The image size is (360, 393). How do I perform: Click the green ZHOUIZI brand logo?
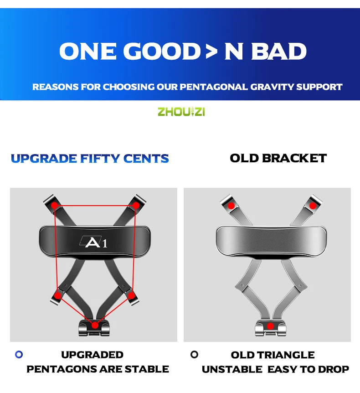click(x=181, y=112)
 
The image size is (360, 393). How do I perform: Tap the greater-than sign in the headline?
click(x=212, y=52)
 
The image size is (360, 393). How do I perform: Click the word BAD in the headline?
click(x=278, y=52)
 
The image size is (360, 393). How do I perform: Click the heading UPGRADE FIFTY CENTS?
click(x=90, y=158)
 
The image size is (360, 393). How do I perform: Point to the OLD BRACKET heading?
click(x=278, y=158)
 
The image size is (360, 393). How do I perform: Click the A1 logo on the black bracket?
click(x=94, y=242)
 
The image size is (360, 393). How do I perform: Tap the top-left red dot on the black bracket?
click(x=54, y=206)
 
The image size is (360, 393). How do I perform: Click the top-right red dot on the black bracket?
click(x=136, y=206)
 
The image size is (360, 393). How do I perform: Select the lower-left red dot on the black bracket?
click(x=57, y=296)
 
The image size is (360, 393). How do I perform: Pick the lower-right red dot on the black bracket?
click(x=132, y=296)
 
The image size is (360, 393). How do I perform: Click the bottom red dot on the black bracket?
click(x=95, y=326)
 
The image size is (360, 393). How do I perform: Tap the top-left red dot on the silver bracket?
click(x=231, y=206)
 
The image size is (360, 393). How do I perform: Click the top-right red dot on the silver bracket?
click(x=313, y=206)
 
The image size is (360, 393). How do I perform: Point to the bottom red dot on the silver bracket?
click(x=270, y=326)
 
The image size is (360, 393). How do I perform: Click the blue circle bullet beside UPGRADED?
click(x=19, y=354)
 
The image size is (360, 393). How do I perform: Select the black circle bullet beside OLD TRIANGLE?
click(x=194, y=354)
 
